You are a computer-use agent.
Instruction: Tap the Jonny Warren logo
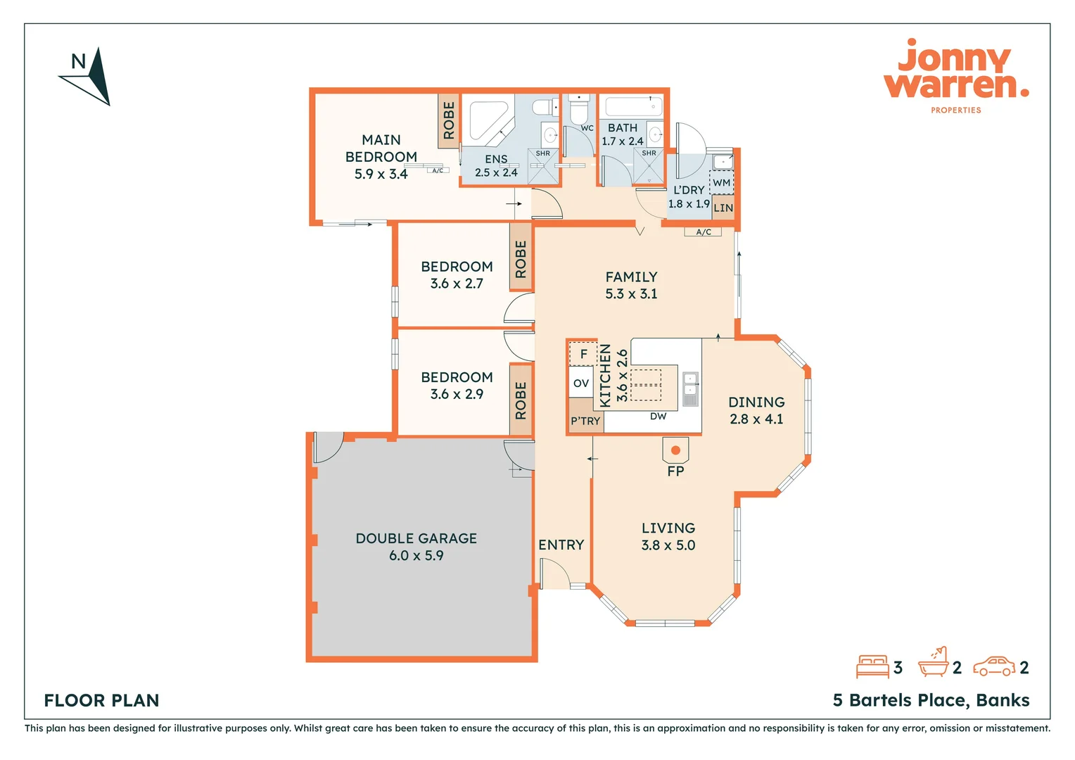[x=956, y=76]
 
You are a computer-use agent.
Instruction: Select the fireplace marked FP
[x=675, y=450]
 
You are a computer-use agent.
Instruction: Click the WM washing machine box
[x=721, y=182]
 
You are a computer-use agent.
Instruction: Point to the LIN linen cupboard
[x=723, y=208]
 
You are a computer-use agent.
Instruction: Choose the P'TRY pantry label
[x=585, y=421]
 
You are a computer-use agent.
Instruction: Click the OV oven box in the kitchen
[x=580, y=383]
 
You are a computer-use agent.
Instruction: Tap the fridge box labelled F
[x=583, y=354]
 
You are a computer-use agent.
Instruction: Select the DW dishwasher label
[x=658, y=417]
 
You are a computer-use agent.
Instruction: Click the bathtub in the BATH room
[x=633, y=106]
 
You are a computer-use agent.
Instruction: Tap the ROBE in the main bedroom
[x=448, y=120]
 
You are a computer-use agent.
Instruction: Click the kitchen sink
[x=690, y=389]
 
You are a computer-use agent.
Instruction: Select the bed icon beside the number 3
[x=872, y=666]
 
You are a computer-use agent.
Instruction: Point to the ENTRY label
[x=561, y=545]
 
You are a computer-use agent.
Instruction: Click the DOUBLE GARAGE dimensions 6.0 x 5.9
[x=416, y=555]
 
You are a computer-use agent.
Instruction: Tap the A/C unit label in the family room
[x=703, y=232]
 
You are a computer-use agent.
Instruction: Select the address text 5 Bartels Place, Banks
[x=931, y=700]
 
